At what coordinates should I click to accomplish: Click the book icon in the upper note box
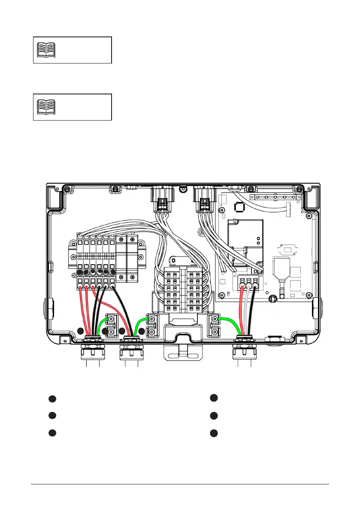click(x=46, y=50)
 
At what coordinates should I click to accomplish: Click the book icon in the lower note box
click(x=46, y=107)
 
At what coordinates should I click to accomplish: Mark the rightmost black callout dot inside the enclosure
click(x=141, y=331)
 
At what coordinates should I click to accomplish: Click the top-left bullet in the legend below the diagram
click(x=52, y=399)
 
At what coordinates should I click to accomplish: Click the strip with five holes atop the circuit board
click(x=275, y=197)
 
